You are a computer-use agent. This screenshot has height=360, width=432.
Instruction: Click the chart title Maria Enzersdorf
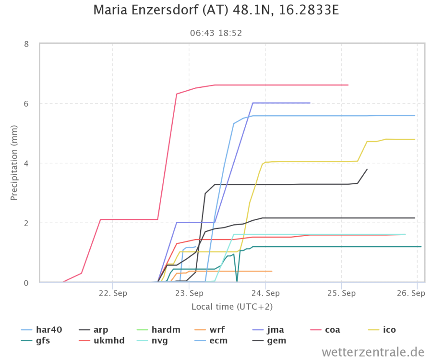[216, 10]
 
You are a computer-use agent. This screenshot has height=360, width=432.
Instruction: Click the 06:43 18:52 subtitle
[216, 33]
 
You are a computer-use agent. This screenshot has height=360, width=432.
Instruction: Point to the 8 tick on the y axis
[27, 44]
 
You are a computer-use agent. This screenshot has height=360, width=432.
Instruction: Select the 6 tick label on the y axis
[27, 104]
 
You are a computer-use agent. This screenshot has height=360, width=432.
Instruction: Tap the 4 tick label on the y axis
[27, 163]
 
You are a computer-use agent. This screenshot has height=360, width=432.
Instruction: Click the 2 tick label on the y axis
[27, 223]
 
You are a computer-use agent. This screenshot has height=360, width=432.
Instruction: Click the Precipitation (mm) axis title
[14, 163]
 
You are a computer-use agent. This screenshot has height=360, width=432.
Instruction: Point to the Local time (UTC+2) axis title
[232, 306]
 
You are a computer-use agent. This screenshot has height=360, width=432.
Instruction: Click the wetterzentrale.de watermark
[373, 352]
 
